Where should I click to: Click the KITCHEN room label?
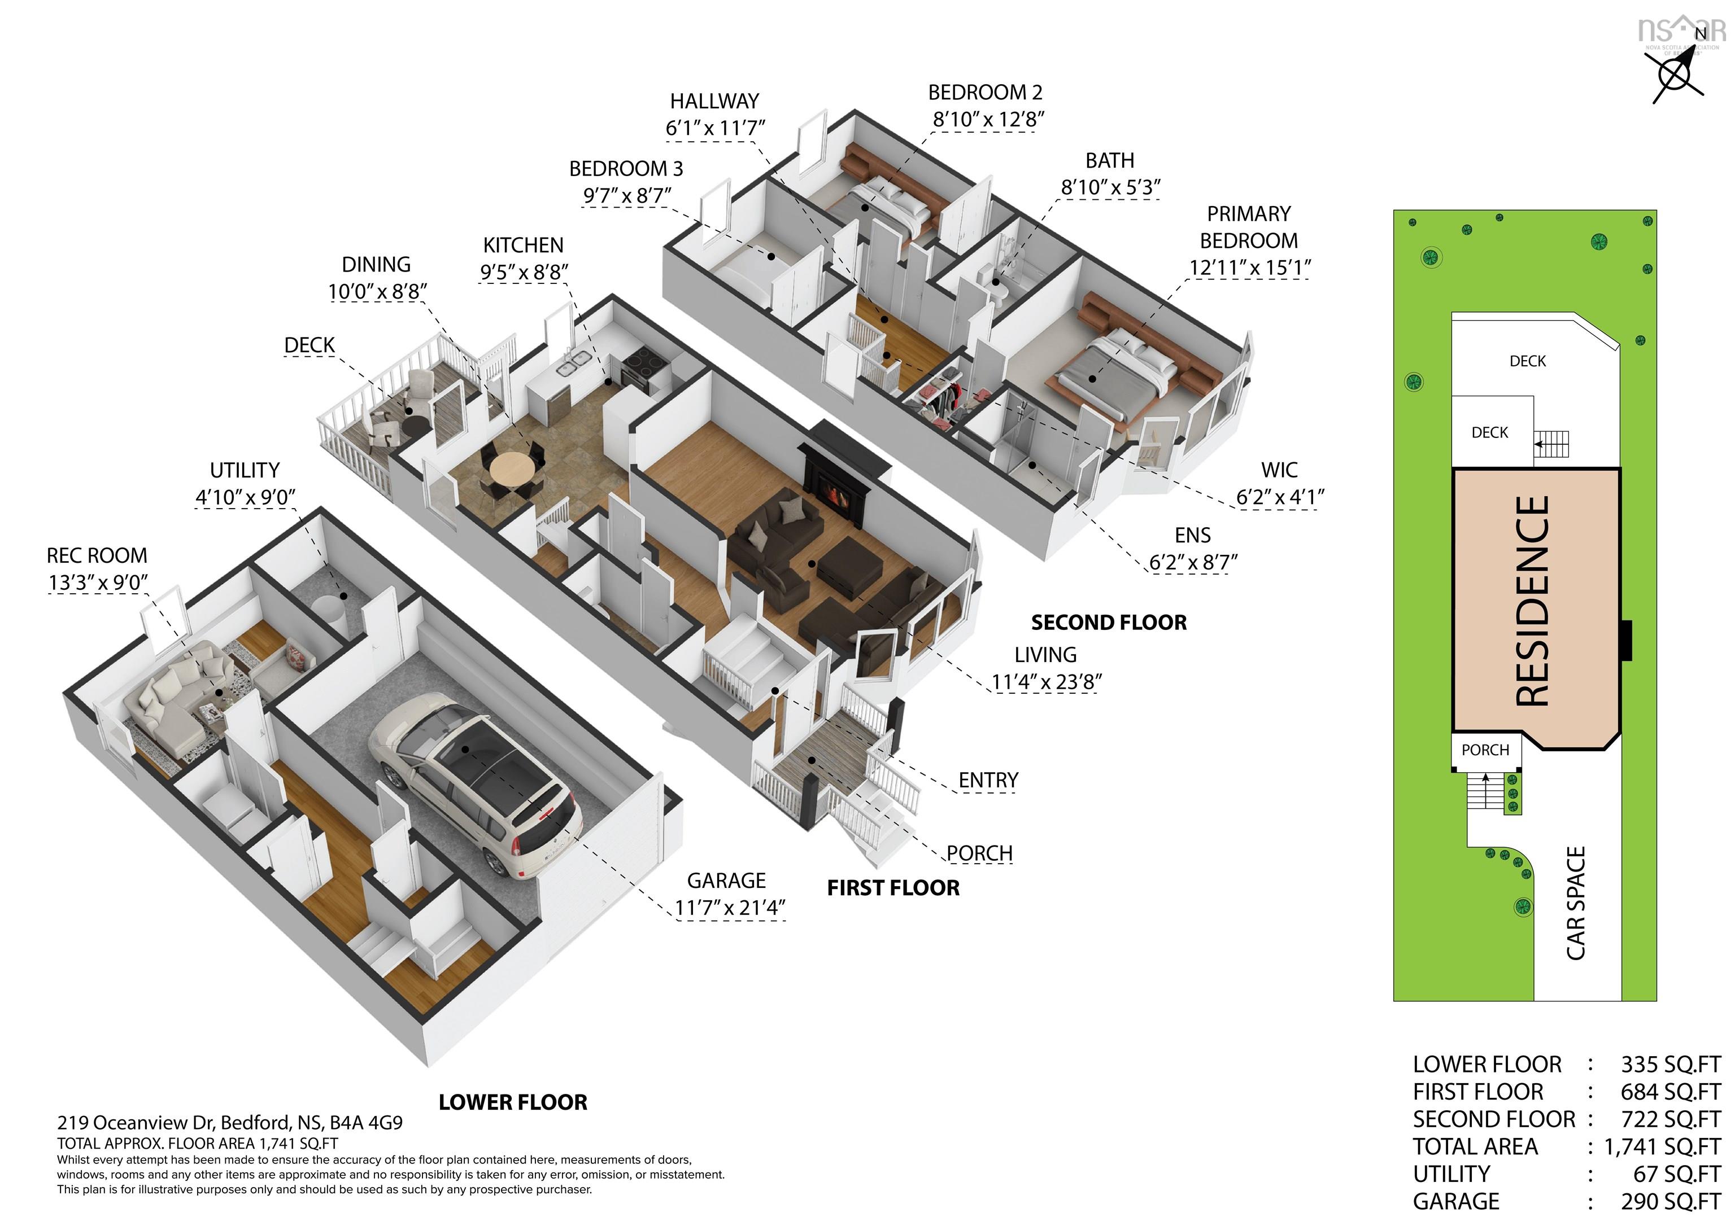(523, 246)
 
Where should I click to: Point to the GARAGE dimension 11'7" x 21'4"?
(730, 907)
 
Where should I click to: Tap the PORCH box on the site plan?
(1485, 751)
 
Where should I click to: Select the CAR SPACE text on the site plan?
(1576, 904)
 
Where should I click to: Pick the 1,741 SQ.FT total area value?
(1663, 1146)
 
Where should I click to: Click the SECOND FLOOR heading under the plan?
(1109, 623)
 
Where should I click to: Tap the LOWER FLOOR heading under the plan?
(513, 1102)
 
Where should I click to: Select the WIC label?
(1279, 470)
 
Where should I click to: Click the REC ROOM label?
(97, 556)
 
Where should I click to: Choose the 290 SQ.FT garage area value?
(1670, 1201)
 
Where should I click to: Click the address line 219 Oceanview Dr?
(230, 1123)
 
